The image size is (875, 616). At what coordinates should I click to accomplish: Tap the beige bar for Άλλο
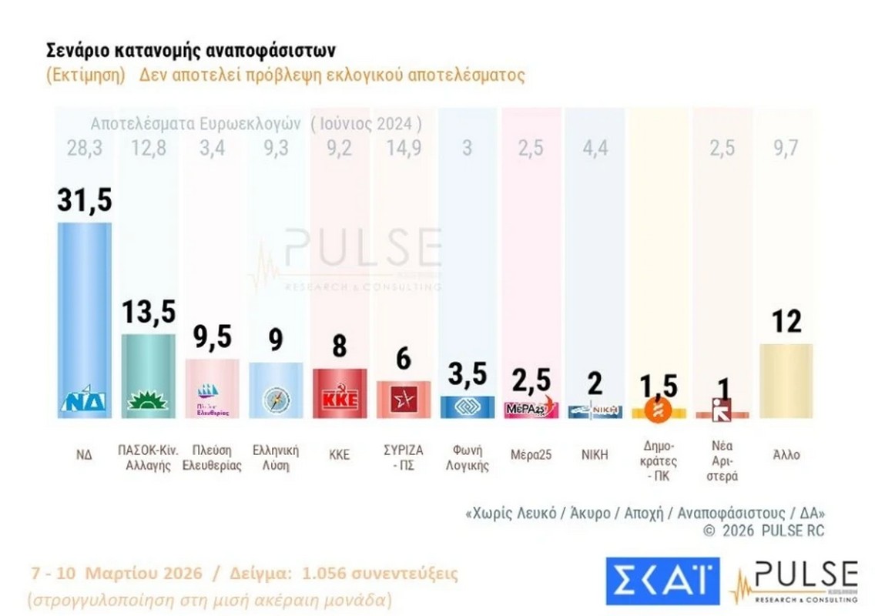(x=786, y=380)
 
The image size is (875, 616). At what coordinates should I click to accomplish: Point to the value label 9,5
(x=212, y=336)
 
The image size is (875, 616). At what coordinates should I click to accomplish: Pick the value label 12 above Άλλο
(x=786, y=321)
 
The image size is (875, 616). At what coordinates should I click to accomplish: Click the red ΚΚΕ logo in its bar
(x=339, y=401)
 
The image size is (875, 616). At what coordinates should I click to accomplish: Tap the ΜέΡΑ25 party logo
(x=528, y=407)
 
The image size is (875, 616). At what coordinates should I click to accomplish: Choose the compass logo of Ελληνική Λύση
(x=275, y=400)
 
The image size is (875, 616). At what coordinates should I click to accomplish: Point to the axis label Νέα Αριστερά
(x=722, y=460)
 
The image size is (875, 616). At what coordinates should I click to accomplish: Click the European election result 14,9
(x=403, y=147)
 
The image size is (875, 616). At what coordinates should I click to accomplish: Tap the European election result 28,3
(x=85, y=147)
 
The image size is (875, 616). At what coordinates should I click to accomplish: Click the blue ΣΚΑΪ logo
(x=662, y=581)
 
